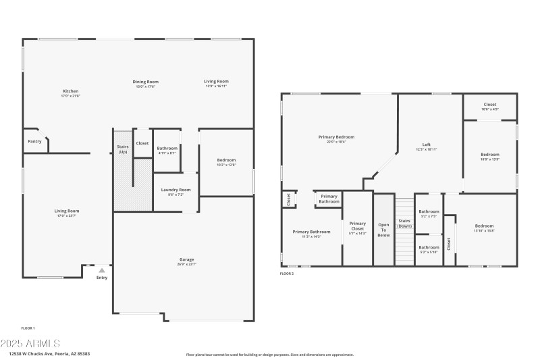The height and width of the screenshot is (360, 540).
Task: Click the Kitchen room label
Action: coord(71,91)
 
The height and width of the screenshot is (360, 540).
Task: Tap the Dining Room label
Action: coord(146,82)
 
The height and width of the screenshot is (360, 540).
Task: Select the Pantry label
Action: coord(34,141)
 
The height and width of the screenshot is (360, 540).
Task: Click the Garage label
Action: coord(186,259)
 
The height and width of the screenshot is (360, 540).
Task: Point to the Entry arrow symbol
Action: coord(102,270)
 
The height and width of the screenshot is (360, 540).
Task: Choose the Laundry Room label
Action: coord(175,190)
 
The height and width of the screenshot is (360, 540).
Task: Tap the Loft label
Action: coord(427,145)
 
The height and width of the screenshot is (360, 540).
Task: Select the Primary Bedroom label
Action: coord(336,137)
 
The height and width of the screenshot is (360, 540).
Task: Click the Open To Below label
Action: coord(383,230)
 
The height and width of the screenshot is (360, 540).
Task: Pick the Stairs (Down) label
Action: coord(404,223)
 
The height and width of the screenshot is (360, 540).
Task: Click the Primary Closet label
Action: coord(357,226)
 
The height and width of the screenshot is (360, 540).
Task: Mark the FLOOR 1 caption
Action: coord(28,328)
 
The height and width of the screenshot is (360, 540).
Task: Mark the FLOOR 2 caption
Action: coord(287,274)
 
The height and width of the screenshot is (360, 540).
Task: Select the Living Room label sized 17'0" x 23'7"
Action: coord(67,211)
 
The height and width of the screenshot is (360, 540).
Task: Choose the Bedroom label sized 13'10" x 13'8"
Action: coord(484,226)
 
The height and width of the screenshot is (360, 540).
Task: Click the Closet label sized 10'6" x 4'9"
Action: coord(490,105)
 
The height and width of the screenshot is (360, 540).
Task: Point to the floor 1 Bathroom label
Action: coord(167,148)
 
